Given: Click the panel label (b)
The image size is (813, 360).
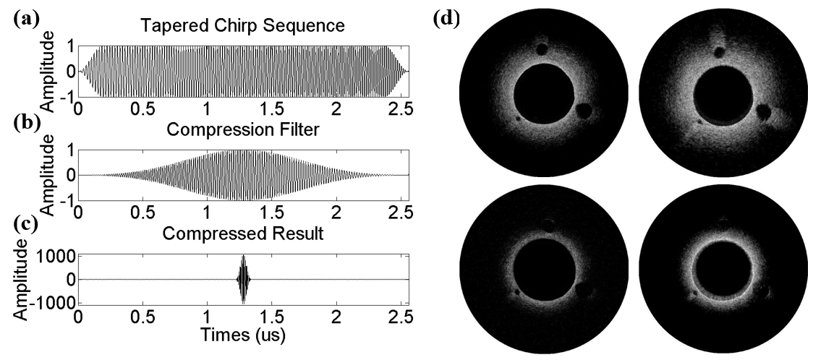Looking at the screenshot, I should [x=26, y=120].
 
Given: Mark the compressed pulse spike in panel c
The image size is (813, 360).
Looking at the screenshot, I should [x=244, y=278].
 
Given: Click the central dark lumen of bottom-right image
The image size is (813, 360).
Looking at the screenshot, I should [x=721, y=276].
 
